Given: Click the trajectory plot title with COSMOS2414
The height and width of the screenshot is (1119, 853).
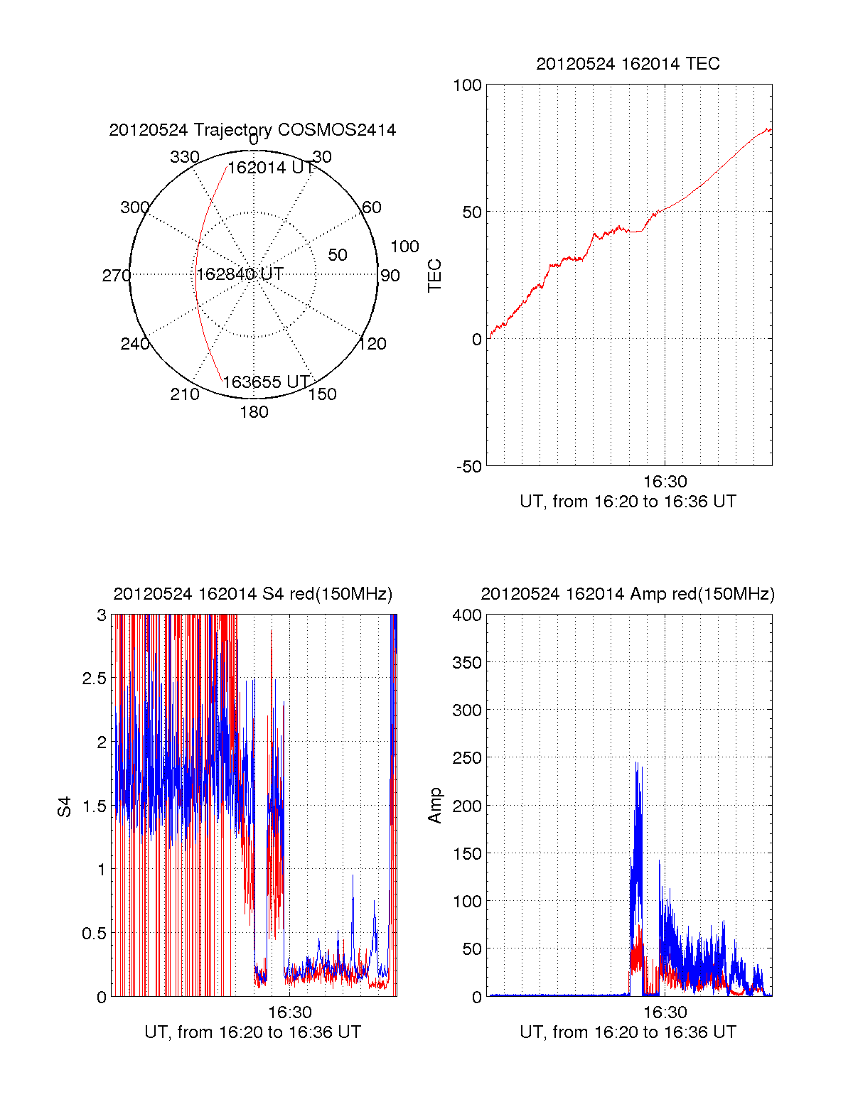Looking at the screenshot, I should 252,130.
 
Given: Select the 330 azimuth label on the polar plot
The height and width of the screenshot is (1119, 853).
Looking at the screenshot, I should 184,157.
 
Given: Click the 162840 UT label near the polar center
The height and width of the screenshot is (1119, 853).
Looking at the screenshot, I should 240,274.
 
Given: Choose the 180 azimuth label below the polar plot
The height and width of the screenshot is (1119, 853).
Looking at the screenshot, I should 254,412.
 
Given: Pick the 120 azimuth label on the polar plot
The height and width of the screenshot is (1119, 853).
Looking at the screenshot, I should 372,344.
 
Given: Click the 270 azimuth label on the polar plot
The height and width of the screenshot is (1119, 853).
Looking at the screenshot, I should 116,276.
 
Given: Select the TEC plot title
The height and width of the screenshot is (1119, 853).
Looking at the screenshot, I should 628,64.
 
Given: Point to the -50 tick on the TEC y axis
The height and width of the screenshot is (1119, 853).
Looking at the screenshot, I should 469,467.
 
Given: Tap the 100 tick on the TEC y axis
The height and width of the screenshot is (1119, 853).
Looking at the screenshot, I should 467,85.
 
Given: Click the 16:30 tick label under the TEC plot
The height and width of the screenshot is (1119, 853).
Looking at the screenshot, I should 665,482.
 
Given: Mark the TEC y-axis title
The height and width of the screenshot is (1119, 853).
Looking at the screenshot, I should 434,275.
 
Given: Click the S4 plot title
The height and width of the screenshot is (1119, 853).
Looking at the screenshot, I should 252,594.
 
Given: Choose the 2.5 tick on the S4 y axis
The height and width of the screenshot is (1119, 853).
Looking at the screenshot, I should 94,679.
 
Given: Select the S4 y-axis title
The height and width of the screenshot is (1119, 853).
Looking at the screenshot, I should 65,806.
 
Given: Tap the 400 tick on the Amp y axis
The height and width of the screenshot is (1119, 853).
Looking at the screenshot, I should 467,615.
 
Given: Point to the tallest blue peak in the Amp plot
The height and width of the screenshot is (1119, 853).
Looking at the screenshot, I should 636,764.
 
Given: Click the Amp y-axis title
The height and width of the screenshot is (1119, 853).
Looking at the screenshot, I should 434,806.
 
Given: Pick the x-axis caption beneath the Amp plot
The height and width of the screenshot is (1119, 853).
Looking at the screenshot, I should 628,1032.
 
